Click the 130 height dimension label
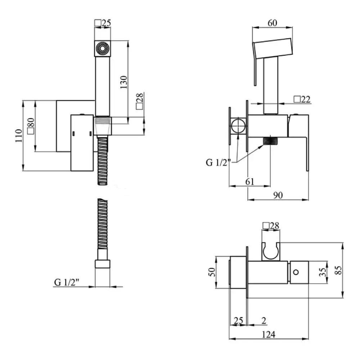(123, 82)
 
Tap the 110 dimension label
(19, 135)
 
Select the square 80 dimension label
(31, 126)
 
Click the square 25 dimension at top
(103, 23)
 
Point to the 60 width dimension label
(272, 23)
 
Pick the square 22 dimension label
(302, 99)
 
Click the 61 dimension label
(249, 181)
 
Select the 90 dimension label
(278, 195)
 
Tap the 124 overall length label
(269, 334)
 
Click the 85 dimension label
(339, 270)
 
